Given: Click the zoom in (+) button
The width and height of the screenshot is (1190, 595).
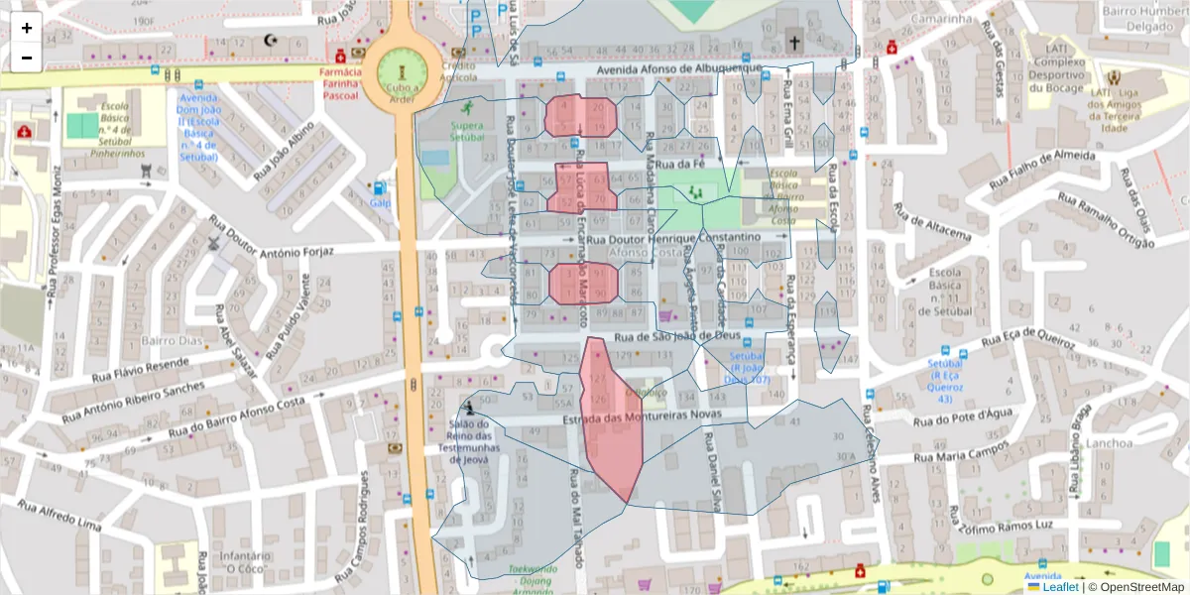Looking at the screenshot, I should [x=27, y=28].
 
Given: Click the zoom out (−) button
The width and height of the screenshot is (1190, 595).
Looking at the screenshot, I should [x=27, y=58].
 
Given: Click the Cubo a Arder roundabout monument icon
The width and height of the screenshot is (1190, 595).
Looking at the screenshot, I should [x=402, y=72].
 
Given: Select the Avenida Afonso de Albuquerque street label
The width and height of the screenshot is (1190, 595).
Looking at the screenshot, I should [x=680, y=68].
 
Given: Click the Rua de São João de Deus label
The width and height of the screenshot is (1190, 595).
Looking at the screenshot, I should [x=678, y=336].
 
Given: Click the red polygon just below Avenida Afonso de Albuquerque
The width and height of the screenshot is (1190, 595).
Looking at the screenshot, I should [x=581, y=116].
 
